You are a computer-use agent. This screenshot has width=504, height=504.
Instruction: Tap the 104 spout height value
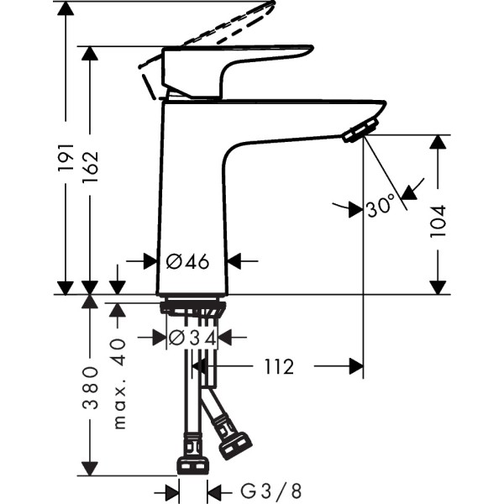tap(438, 221)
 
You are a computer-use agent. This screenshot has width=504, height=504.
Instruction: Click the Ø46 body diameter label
tap(187, 261)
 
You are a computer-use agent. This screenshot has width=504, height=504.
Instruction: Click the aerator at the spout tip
tap(360, 130)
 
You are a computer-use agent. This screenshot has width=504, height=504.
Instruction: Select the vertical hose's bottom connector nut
tap(192, 465)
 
